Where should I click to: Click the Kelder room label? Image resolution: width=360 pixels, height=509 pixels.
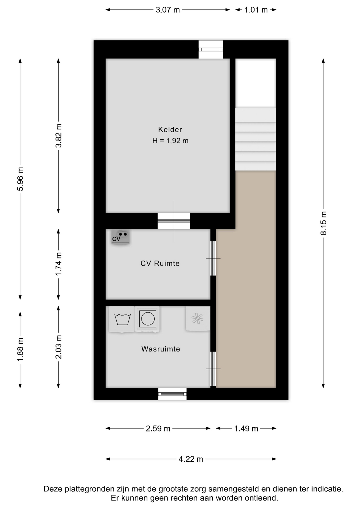pos(170,130)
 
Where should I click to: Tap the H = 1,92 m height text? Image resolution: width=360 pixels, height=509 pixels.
pos(170,141)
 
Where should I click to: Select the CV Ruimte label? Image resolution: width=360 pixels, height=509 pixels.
pos(160,264)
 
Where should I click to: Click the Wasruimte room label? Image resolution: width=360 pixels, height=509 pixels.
pos(161,349)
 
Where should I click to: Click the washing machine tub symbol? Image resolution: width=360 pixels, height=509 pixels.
pos(122,319)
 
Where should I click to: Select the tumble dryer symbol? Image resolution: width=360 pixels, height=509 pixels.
pos(147,319)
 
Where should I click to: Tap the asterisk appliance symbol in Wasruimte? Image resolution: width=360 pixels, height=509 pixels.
pos(198,318)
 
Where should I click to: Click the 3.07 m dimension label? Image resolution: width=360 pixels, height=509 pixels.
pos(168,10)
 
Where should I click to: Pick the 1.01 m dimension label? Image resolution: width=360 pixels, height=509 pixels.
pos(256,10)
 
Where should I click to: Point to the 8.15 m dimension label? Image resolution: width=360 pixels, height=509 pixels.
pos(324,223)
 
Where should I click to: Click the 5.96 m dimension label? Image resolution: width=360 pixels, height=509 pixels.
pos(20,179)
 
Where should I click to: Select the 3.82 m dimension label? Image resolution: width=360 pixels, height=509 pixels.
pos(59,136)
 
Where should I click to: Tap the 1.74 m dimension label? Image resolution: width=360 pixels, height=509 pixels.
pos(59,264)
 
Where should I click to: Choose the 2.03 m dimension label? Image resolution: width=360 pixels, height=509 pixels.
pos(59,347)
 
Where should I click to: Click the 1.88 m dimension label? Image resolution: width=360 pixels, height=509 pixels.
pos(20,349)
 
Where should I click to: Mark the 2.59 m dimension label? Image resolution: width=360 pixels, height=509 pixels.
pos(158,428)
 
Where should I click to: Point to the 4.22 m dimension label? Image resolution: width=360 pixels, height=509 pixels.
pos(191,459)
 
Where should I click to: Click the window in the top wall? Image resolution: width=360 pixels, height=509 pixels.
pos(211,50)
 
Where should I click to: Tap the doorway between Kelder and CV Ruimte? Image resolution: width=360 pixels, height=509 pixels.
pos(174,221)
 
